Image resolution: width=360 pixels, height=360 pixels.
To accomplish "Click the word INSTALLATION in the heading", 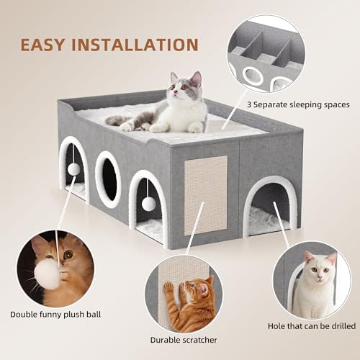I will [140, 45].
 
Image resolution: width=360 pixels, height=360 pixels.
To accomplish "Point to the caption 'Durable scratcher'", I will [182, 338].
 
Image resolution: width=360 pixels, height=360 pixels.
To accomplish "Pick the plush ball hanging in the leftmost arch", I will [73, 168].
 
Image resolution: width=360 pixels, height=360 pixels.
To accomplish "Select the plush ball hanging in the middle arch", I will [148, 203].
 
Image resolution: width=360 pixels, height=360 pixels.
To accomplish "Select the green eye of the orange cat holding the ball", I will [68, 255].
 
